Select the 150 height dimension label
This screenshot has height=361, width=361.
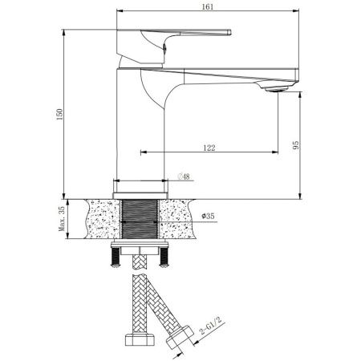[57, 117]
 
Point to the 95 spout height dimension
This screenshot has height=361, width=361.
[295, 145]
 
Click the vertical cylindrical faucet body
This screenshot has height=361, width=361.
[140, 128]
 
